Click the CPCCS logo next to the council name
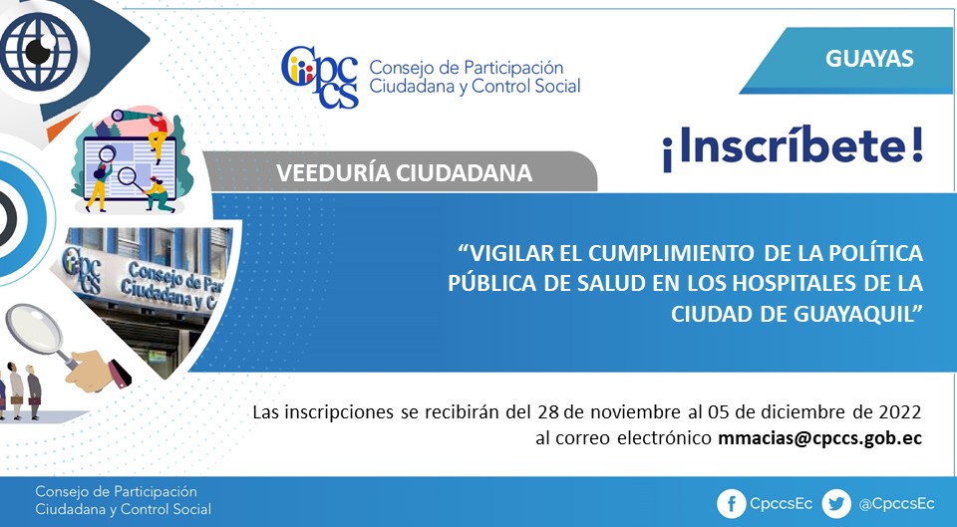tap(320, 77)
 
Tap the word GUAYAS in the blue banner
tap(869, 59)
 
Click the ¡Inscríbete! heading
tap(793, 147)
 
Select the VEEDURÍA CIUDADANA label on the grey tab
tap(404, 173)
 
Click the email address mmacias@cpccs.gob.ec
tap(819, 438)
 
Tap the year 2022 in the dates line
tap(899, 412)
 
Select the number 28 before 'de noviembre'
tap(548, 412)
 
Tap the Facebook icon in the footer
tap(731, 504)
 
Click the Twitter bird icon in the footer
tap(836, 504)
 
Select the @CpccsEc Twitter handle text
tap(896, 504)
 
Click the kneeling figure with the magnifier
tap(157, 195)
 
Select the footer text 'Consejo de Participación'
tap(116, 492)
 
